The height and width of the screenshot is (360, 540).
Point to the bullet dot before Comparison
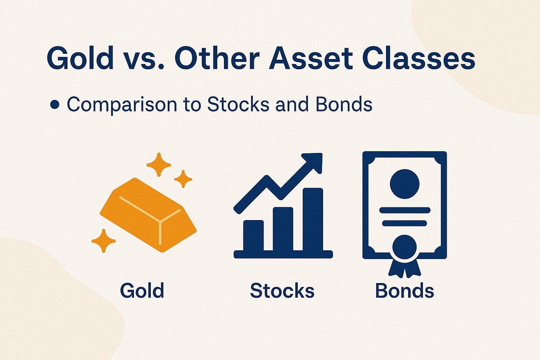pyautogui.click(x=55, y=105)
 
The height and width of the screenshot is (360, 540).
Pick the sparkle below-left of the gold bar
pyautogui.click(x=103, y=241)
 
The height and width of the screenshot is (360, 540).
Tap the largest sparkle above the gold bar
pyautogui.click(x=159, y=165)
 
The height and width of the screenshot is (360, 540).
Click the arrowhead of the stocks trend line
pyautogui.click(x=313, y=162)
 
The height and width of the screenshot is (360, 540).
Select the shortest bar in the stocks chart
pyautogui.click(x=253, y=235)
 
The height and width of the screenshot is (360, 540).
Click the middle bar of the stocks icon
pyautogui.click(x=283, y=229)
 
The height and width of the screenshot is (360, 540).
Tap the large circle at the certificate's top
pyautogui.click(x=405, y=184)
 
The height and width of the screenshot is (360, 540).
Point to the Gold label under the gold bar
pyautogui.click(x=142, y=291)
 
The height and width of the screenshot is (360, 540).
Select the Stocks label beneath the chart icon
pyautogui.click(x=282, y=291)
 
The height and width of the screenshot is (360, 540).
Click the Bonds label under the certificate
pyautogui.click(x=405, y=291)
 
